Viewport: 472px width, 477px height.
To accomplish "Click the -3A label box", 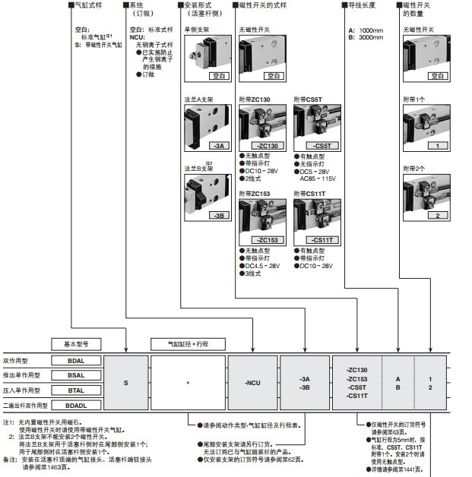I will pos(198,145).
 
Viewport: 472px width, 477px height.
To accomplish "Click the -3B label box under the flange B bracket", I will pos(198,215).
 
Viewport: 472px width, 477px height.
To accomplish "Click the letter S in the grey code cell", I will pos(126,381).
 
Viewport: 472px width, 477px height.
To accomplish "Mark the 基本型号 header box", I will pos(76,343).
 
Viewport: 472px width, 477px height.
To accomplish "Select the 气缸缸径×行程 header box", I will pos(189,343).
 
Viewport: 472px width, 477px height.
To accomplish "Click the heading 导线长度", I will pos(364,5).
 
